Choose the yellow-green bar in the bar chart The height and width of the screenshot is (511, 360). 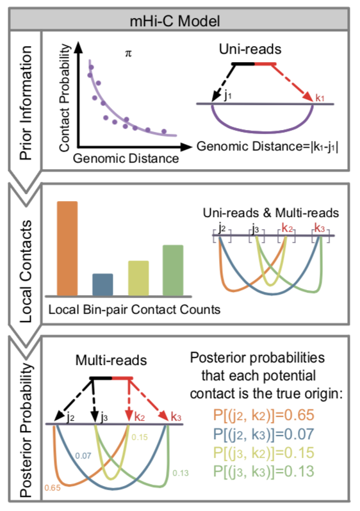point(138,277)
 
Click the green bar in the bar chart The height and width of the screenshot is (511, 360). point(174,269)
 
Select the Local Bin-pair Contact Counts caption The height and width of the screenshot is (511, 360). point(135,309)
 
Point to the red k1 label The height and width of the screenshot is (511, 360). point(319,97)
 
